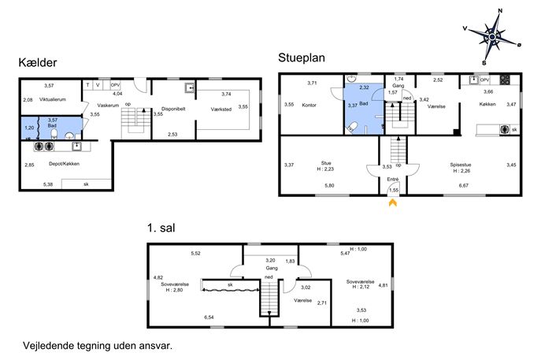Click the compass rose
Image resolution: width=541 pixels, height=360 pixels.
[492, 36]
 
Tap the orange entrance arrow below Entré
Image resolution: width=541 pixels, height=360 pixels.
[393, 202]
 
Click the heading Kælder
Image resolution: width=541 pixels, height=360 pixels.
[37, 62]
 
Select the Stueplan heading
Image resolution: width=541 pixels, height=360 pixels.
[301, 58]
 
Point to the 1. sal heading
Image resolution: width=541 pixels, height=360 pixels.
[161, 228]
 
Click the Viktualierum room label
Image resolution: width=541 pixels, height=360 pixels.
[53, 99]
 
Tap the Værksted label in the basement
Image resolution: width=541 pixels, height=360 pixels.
[221, 109]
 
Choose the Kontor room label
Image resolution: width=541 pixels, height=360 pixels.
[309, 105]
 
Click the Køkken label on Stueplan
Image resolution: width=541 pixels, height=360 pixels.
[487, 104]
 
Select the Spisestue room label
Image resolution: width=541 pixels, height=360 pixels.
[461, 165]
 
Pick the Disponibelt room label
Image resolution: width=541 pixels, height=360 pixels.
[173, 109]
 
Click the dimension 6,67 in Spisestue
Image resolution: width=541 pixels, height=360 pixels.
[463, 185]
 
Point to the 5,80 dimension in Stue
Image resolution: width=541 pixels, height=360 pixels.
[329, 185]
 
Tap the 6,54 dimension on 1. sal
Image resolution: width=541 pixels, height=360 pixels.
[209, 317]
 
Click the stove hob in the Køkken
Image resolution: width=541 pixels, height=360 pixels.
[505, 80]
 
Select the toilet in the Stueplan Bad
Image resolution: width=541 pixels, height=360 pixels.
[351, 126]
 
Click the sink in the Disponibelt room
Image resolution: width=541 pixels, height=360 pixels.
[190, 88]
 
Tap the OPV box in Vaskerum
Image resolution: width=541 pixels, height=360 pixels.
[115, 85]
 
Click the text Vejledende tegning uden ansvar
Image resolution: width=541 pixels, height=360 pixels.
[98, 346]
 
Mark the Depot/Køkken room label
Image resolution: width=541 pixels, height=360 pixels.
[64, 164]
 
